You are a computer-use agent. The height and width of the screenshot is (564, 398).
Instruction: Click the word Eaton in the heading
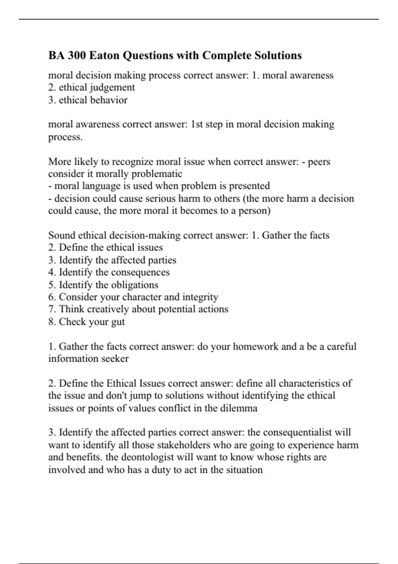pyautogui.click(x=104, y=55)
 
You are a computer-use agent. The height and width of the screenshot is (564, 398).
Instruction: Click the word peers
pyautogui.click(x=319, y=162)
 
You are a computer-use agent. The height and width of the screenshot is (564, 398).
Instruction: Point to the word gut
pyautogui.click(x=118, y=322)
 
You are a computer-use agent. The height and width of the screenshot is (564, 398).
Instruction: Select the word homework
pyautogui.click(x=255, y=346)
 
